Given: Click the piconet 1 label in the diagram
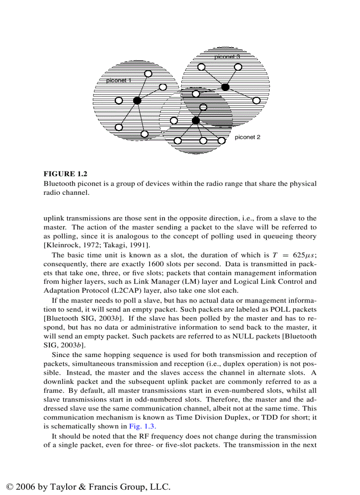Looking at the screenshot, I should (118, 81).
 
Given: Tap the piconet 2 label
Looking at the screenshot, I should (247, 137).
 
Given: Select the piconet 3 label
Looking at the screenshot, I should (227, 57).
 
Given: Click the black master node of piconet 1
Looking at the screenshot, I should (137, 100).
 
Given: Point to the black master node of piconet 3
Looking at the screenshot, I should (225, 87).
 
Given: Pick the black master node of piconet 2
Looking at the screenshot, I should (196, 120).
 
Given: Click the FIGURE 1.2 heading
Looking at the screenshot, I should (65, 174).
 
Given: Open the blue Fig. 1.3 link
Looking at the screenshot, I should (142, 426).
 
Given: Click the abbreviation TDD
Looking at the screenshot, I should (262, 417).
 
